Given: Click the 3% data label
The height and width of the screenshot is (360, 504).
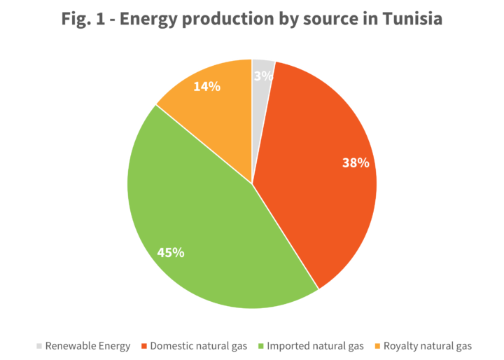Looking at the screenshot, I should click(x=262, y=76).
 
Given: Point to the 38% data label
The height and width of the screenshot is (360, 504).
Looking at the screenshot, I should click(x=356, y=163).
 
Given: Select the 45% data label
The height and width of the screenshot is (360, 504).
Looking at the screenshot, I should click(x=171, y=252).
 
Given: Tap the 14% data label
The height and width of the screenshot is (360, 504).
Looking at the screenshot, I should click(x=207, y=87).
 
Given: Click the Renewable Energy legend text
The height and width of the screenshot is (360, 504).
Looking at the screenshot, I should click(x=87, y=345).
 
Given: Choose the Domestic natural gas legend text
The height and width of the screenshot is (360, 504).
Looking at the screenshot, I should click(x=197, y=345).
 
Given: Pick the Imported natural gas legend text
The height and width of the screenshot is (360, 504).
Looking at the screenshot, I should click(x=316, y=345).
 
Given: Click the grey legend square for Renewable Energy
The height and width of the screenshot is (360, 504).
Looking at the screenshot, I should click(x=39, y=345).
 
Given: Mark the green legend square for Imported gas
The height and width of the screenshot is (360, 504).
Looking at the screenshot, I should click(x=262, y=345).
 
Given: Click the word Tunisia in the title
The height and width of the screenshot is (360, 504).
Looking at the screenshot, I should click(x=413, y=19).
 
